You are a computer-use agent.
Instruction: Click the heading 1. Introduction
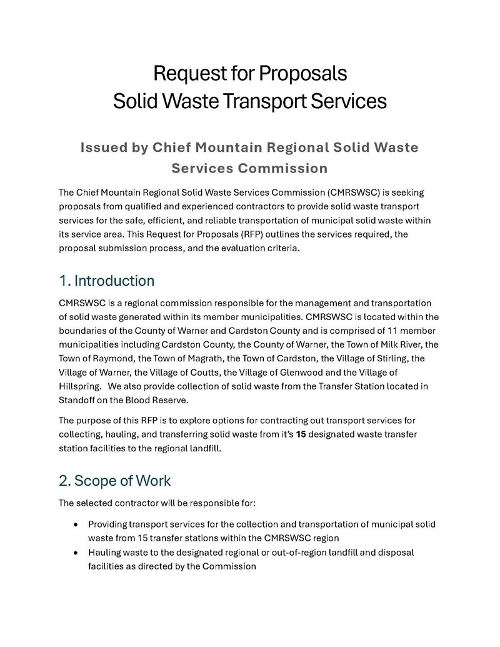(106, 280)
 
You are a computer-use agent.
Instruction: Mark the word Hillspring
(79, 386)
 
